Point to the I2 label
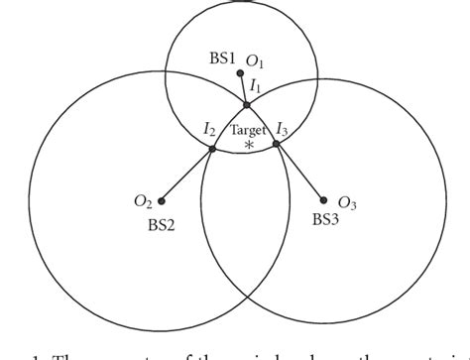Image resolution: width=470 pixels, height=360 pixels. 209,129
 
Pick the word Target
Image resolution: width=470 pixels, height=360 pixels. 247,129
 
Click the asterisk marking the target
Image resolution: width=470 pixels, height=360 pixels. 248,145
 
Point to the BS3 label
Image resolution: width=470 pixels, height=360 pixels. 326,218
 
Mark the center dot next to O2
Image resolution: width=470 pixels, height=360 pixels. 162,200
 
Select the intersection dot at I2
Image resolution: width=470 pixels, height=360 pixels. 212,149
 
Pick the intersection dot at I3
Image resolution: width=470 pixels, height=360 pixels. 277,145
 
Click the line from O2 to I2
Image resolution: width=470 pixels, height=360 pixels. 186,175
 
